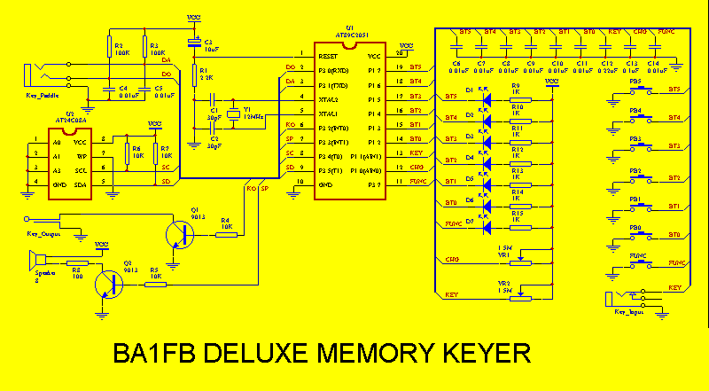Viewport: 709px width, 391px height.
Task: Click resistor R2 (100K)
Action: pyautogui.click(x=110, y=47)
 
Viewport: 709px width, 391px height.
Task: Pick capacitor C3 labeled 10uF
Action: pyautogui.click(x=194, y=42)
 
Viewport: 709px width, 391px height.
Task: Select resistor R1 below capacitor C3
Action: pyautogui.click(x=193, y=73)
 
